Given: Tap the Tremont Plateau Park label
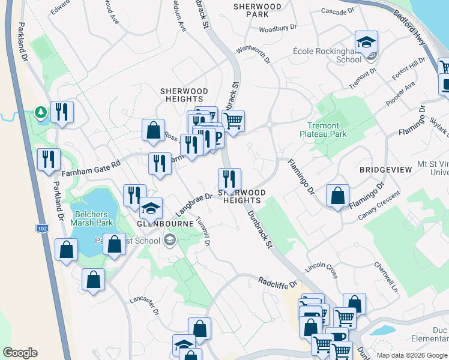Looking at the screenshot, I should coord(323,130).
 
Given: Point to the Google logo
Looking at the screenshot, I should coord(20,353).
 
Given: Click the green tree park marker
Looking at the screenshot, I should coord(41,112).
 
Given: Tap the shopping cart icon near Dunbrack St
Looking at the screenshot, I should coord(233,120).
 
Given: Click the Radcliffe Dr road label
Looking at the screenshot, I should coord(278,281).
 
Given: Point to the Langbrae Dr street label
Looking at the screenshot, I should coord(194,204).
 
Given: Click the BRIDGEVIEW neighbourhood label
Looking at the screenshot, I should coord(385,170).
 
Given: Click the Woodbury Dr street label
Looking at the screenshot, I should coord(278,28).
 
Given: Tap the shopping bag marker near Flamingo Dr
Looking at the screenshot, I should coord(338,195).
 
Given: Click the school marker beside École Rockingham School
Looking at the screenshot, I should coord(366,43).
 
